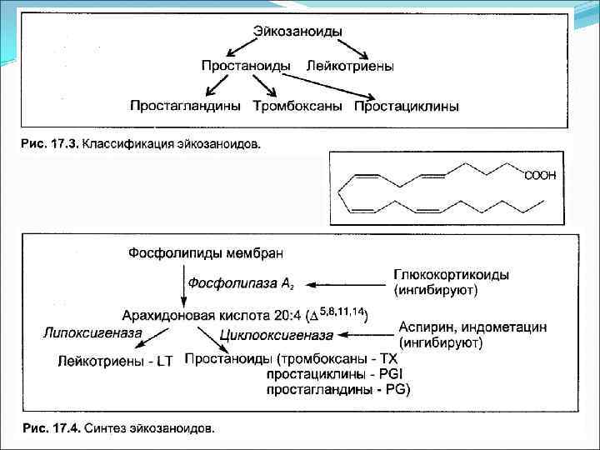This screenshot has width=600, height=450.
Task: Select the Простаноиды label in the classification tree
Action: (x=245, y=65)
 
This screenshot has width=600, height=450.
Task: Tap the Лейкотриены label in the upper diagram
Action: (x=350, y=65)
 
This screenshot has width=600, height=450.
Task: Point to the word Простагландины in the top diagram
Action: (x=185, y=106)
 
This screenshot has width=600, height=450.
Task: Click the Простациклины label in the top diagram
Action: (x=406, y=106)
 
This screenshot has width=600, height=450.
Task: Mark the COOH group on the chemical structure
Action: (x=540, y=175)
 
